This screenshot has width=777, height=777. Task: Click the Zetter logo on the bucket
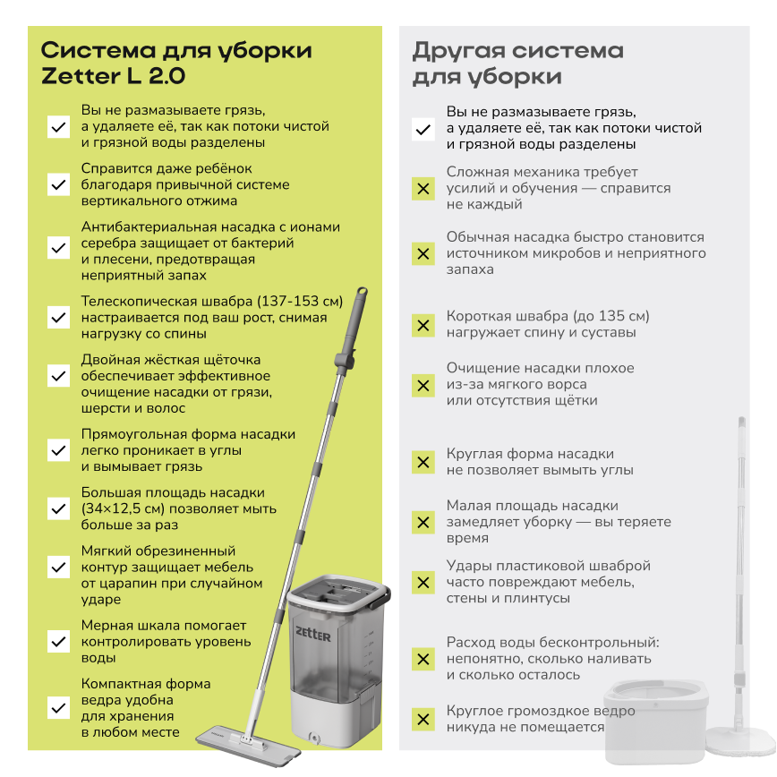tap(312, 634)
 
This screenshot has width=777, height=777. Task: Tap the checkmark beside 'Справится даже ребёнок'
tap(58, 184)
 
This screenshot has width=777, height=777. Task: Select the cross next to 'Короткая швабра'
tap(423, 326)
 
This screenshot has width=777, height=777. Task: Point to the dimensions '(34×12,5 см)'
tap(124, 509)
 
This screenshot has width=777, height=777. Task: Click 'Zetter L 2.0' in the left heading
tap(114, 76)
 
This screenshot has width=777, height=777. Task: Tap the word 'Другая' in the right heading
tap(459, 51)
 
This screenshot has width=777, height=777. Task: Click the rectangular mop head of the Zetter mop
tap(248, 743)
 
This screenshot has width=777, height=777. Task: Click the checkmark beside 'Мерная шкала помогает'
tap(58, 642)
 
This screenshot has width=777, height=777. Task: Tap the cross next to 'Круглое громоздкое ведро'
tap(423, 719)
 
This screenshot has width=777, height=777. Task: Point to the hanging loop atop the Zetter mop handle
tap(363, 292)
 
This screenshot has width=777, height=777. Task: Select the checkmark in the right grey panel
tap(423, 130)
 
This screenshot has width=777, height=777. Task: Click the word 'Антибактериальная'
tap(149, 227)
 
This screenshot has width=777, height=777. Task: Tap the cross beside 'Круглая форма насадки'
tap(423, 462)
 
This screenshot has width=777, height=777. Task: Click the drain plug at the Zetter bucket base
tap(314, 738)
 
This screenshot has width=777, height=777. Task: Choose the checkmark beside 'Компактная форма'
tap(58, 707)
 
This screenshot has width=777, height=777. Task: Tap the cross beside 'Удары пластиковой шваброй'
tap(423, 582)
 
